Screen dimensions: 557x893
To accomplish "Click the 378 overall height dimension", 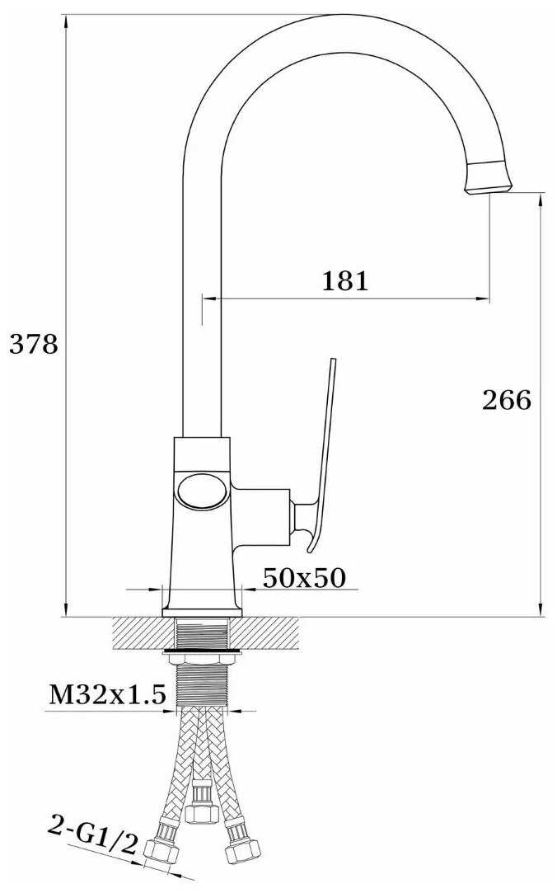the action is (x=34, y=345).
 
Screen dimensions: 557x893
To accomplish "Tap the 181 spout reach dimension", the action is (x=345, y=281).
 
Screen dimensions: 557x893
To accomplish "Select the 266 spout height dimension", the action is (x=507, y=400).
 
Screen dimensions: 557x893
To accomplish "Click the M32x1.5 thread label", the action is (x=107, y=695).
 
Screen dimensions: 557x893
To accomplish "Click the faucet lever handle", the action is (x=319, y=456).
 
